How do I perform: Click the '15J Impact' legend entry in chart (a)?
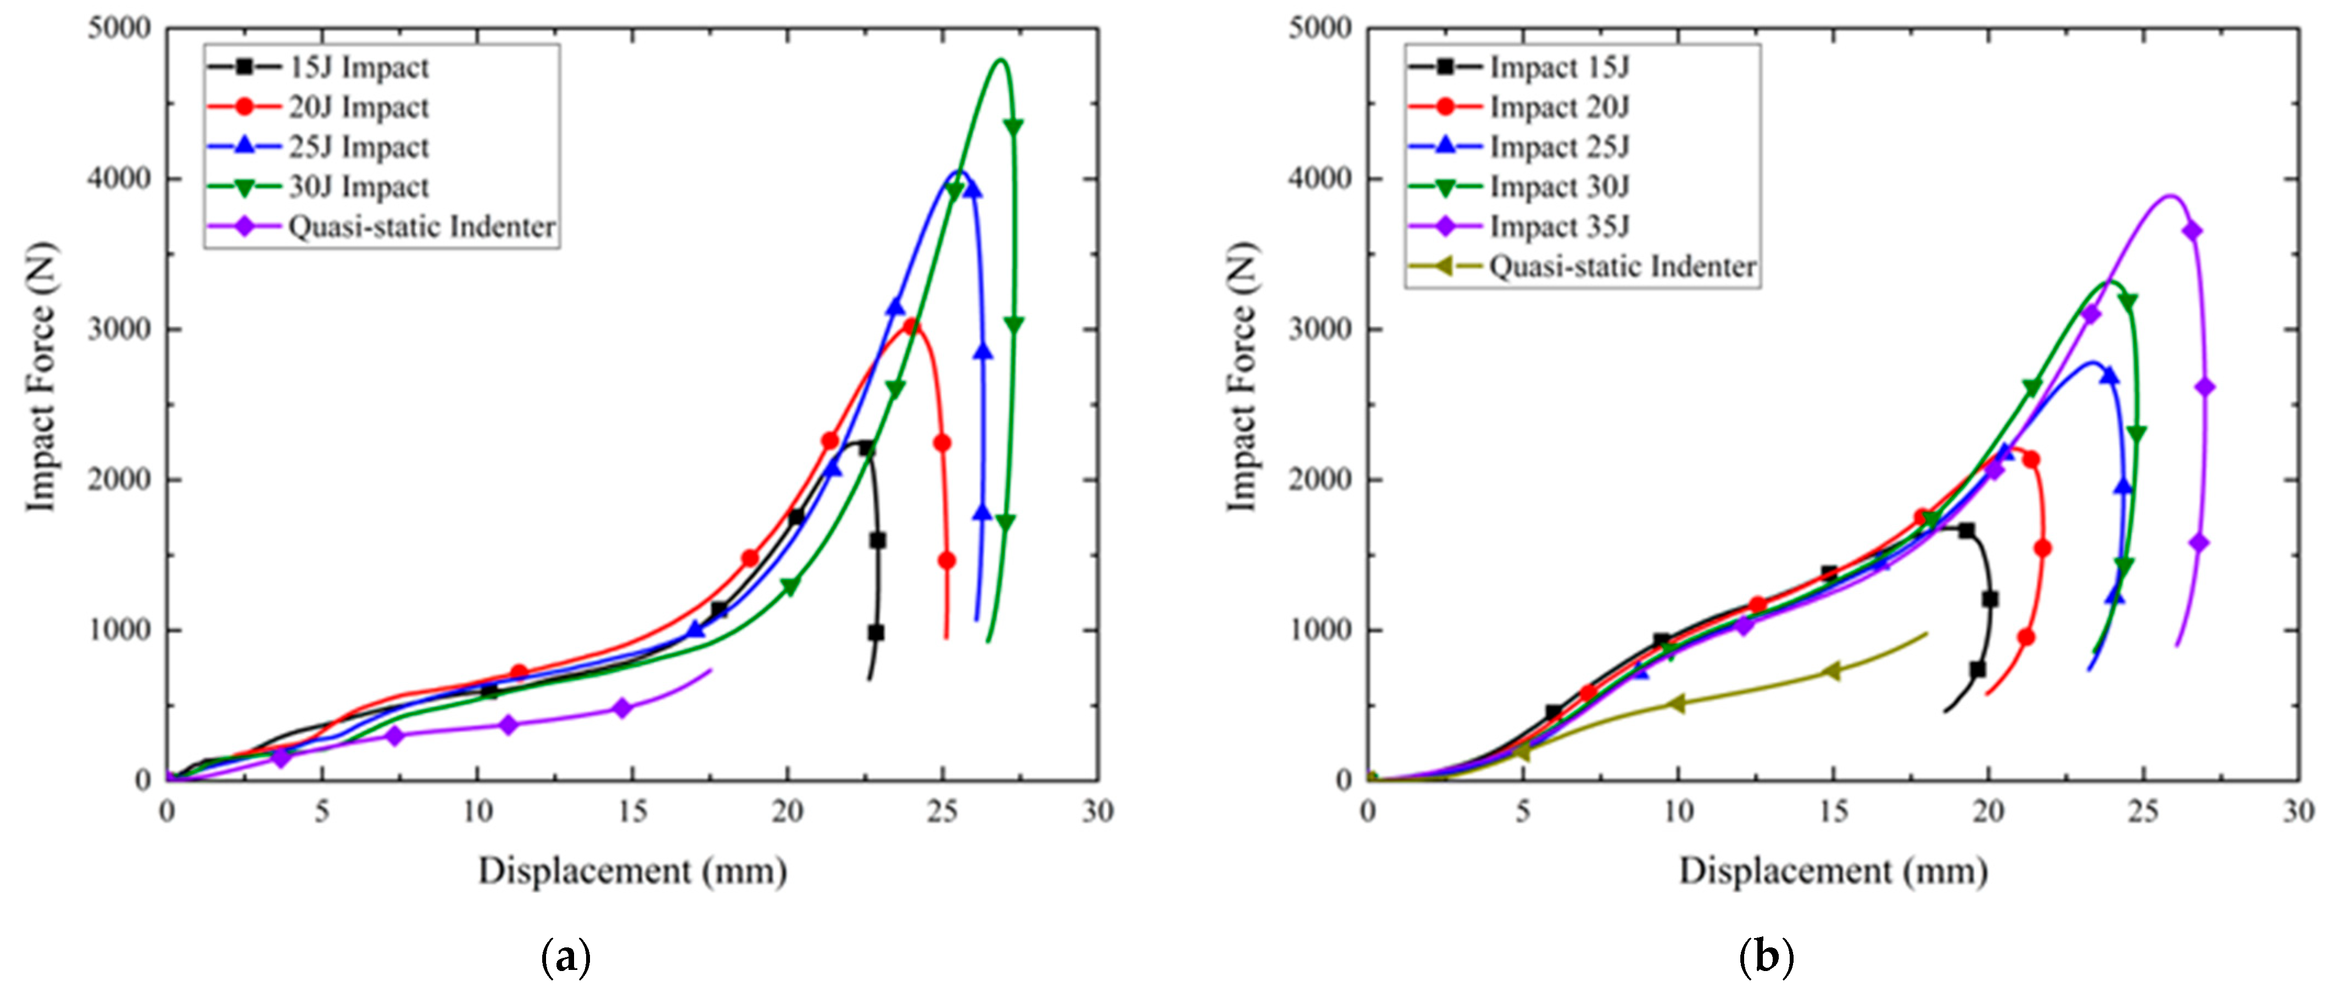[x=358, y=67]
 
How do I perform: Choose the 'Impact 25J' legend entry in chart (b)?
[x=1559, y=147]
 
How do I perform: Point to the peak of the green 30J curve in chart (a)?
[x=1000, y=60]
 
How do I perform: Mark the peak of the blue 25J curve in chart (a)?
[x=959, y=172]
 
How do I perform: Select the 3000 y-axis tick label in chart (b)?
[x=1320, y=329]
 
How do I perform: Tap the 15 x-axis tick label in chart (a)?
[x=632, y=811]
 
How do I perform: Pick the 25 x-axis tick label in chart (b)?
[x=2144, y=811]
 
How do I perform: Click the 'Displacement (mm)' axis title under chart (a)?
[x=632, y=871]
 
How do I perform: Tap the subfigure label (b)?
[x=1766, y=957]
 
